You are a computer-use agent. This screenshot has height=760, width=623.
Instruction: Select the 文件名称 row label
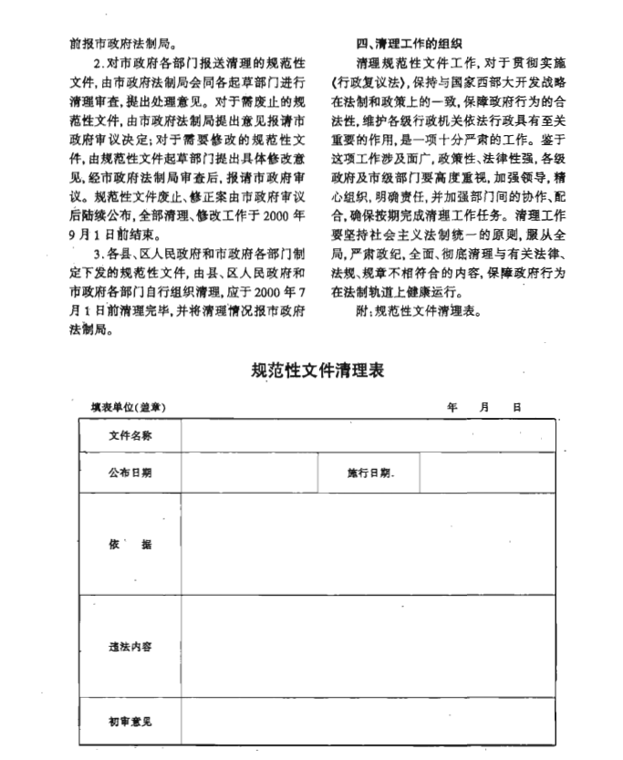(130, 435)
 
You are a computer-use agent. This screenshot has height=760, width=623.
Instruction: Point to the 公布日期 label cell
(130, 473)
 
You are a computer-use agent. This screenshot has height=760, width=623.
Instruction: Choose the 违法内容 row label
(130, 647)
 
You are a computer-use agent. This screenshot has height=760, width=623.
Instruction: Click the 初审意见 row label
(130, 722)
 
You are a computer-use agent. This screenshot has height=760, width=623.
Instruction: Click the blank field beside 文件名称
(367, 435)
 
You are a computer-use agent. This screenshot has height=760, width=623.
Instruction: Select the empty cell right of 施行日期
(487, 473)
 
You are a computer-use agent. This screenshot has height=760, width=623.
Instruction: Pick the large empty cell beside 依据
(367, 545)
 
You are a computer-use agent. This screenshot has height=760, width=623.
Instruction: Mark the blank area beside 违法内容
(367, 647)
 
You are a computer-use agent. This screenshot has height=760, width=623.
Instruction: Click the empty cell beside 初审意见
(367, 722)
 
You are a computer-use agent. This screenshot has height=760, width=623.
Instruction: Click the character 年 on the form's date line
(452, 407)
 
